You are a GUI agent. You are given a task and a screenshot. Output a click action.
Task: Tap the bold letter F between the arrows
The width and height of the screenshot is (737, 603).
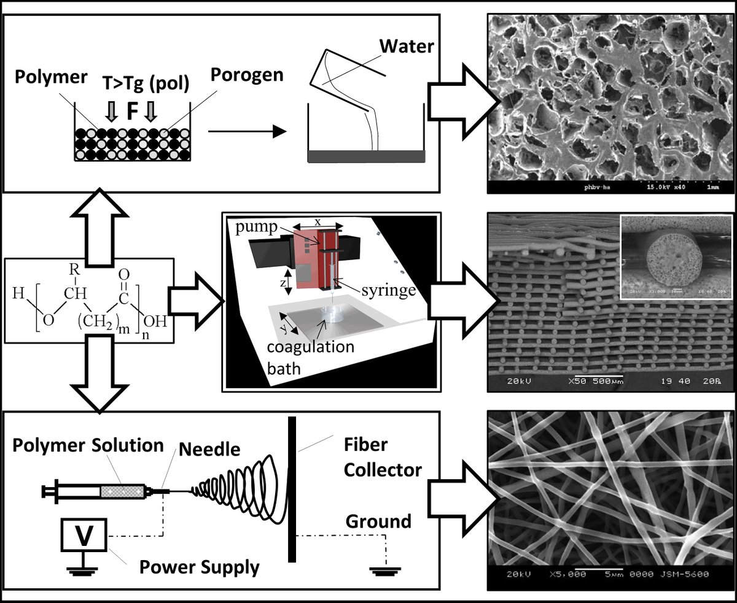130,113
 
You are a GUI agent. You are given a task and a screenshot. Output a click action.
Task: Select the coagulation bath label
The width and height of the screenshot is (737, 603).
310,355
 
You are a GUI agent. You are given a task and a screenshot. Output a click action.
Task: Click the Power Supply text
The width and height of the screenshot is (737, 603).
199,567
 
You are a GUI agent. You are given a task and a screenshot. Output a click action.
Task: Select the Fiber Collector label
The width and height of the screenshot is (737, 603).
382,458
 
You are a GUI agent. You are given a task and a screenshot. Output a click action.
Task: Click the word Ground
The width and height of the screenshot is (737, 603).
378,521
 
